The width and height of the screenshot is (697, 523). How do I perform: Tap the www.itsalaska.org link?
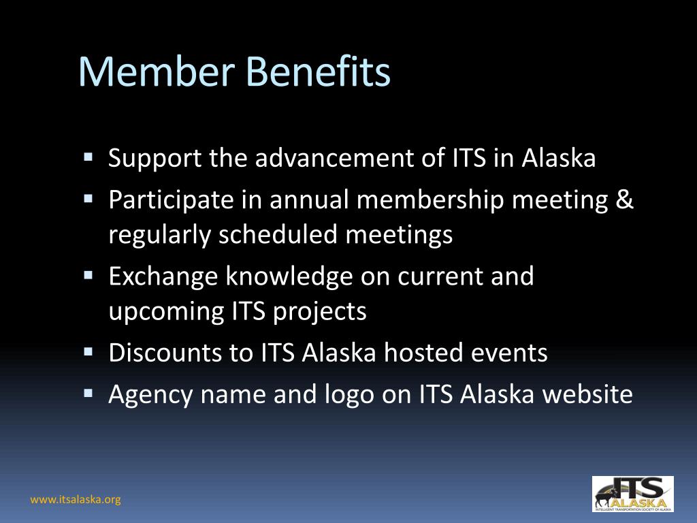[76, 499]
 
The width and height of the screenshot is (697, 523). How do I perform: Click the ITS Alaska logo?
[632, 494]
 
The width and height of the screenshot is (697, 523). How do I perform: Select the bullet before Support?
[88, 157]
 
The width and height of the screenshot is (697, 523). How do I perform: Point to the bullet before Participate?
[88, 198]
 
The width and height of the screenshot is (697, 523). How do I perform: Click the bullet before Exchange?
[88, 275]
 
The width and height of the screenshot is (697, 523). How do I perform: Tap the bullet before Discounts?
[88, 352]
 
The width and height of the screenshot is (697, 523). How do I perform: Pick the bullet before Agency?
[88, 393]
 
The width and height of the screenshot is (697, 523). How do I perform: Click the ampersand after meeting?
[625, 200]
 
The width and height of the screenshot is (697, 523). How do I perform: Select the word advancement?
[334, 157]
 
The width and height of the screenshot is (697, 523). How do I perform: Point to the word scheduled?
[278, 234]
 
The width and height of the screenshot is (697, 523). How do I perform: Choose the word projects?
[320, 311]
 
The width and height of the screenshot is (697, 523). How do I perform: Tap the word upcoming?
[166, 312]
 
